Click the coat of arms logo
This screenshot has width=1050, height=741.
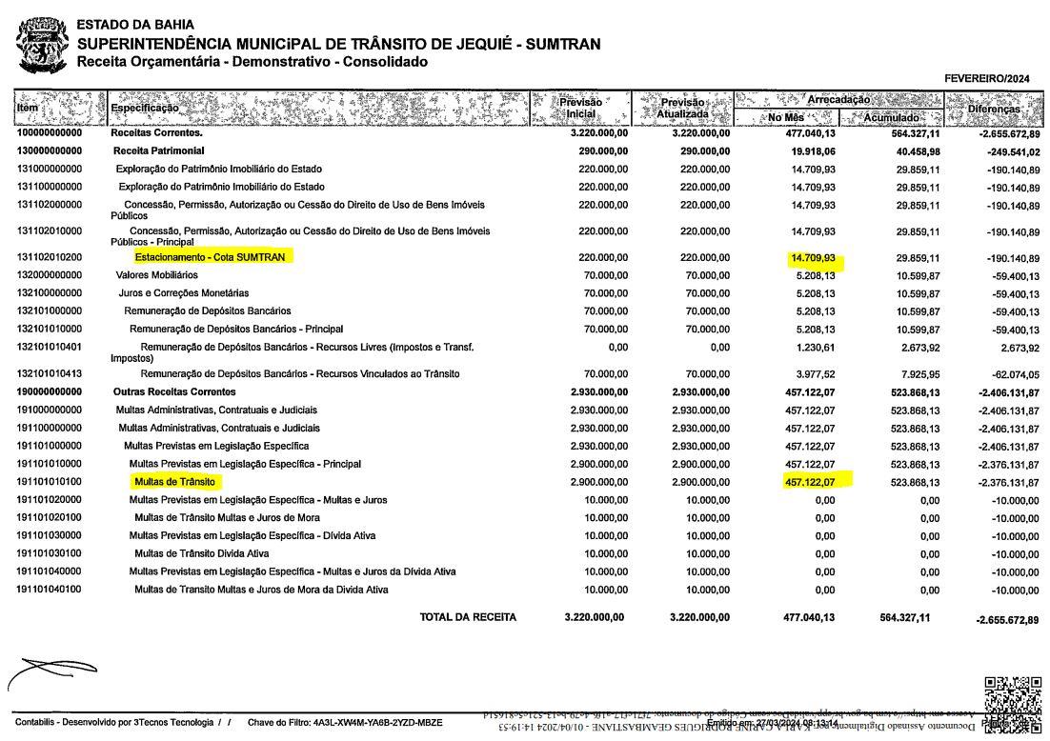tap(41, 45)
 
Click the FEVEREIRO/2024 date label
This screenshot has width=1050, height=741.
tap(987, 78)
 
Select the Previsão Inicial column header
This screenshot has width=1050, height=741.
tap(580, 108)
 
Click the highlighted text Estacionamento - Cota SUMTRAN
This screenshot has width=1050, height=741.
tap(210, 257)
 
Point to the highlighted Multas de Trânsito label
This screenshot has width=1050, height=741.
tap(174, 482)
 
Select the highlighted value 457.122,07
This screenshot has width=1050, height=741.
tap(810, 482)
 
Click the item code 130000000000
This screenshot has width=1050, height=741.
tap(50, 151)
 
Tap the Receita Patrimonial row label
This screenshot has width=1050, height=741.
tap(158, 151)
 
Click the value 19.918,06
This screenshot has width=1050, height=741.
tap(810, 151)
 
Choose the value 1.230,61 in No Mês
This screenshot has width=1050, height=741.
tap(815, 348)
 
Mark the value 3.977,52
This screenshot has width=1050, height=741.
tap(815, 374)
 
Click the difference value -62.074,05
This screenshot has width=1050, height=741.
tap(1012, 374)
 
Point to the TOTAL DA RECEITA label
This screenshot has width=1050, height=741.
tap(468, 617)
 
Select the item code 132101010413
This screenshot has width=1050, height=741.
tap(50, 374)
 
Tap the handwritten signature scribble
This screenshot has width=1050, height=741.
tap(52, 671)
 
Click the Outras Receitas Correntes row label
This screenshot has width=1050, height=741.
tap(174, 392)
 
